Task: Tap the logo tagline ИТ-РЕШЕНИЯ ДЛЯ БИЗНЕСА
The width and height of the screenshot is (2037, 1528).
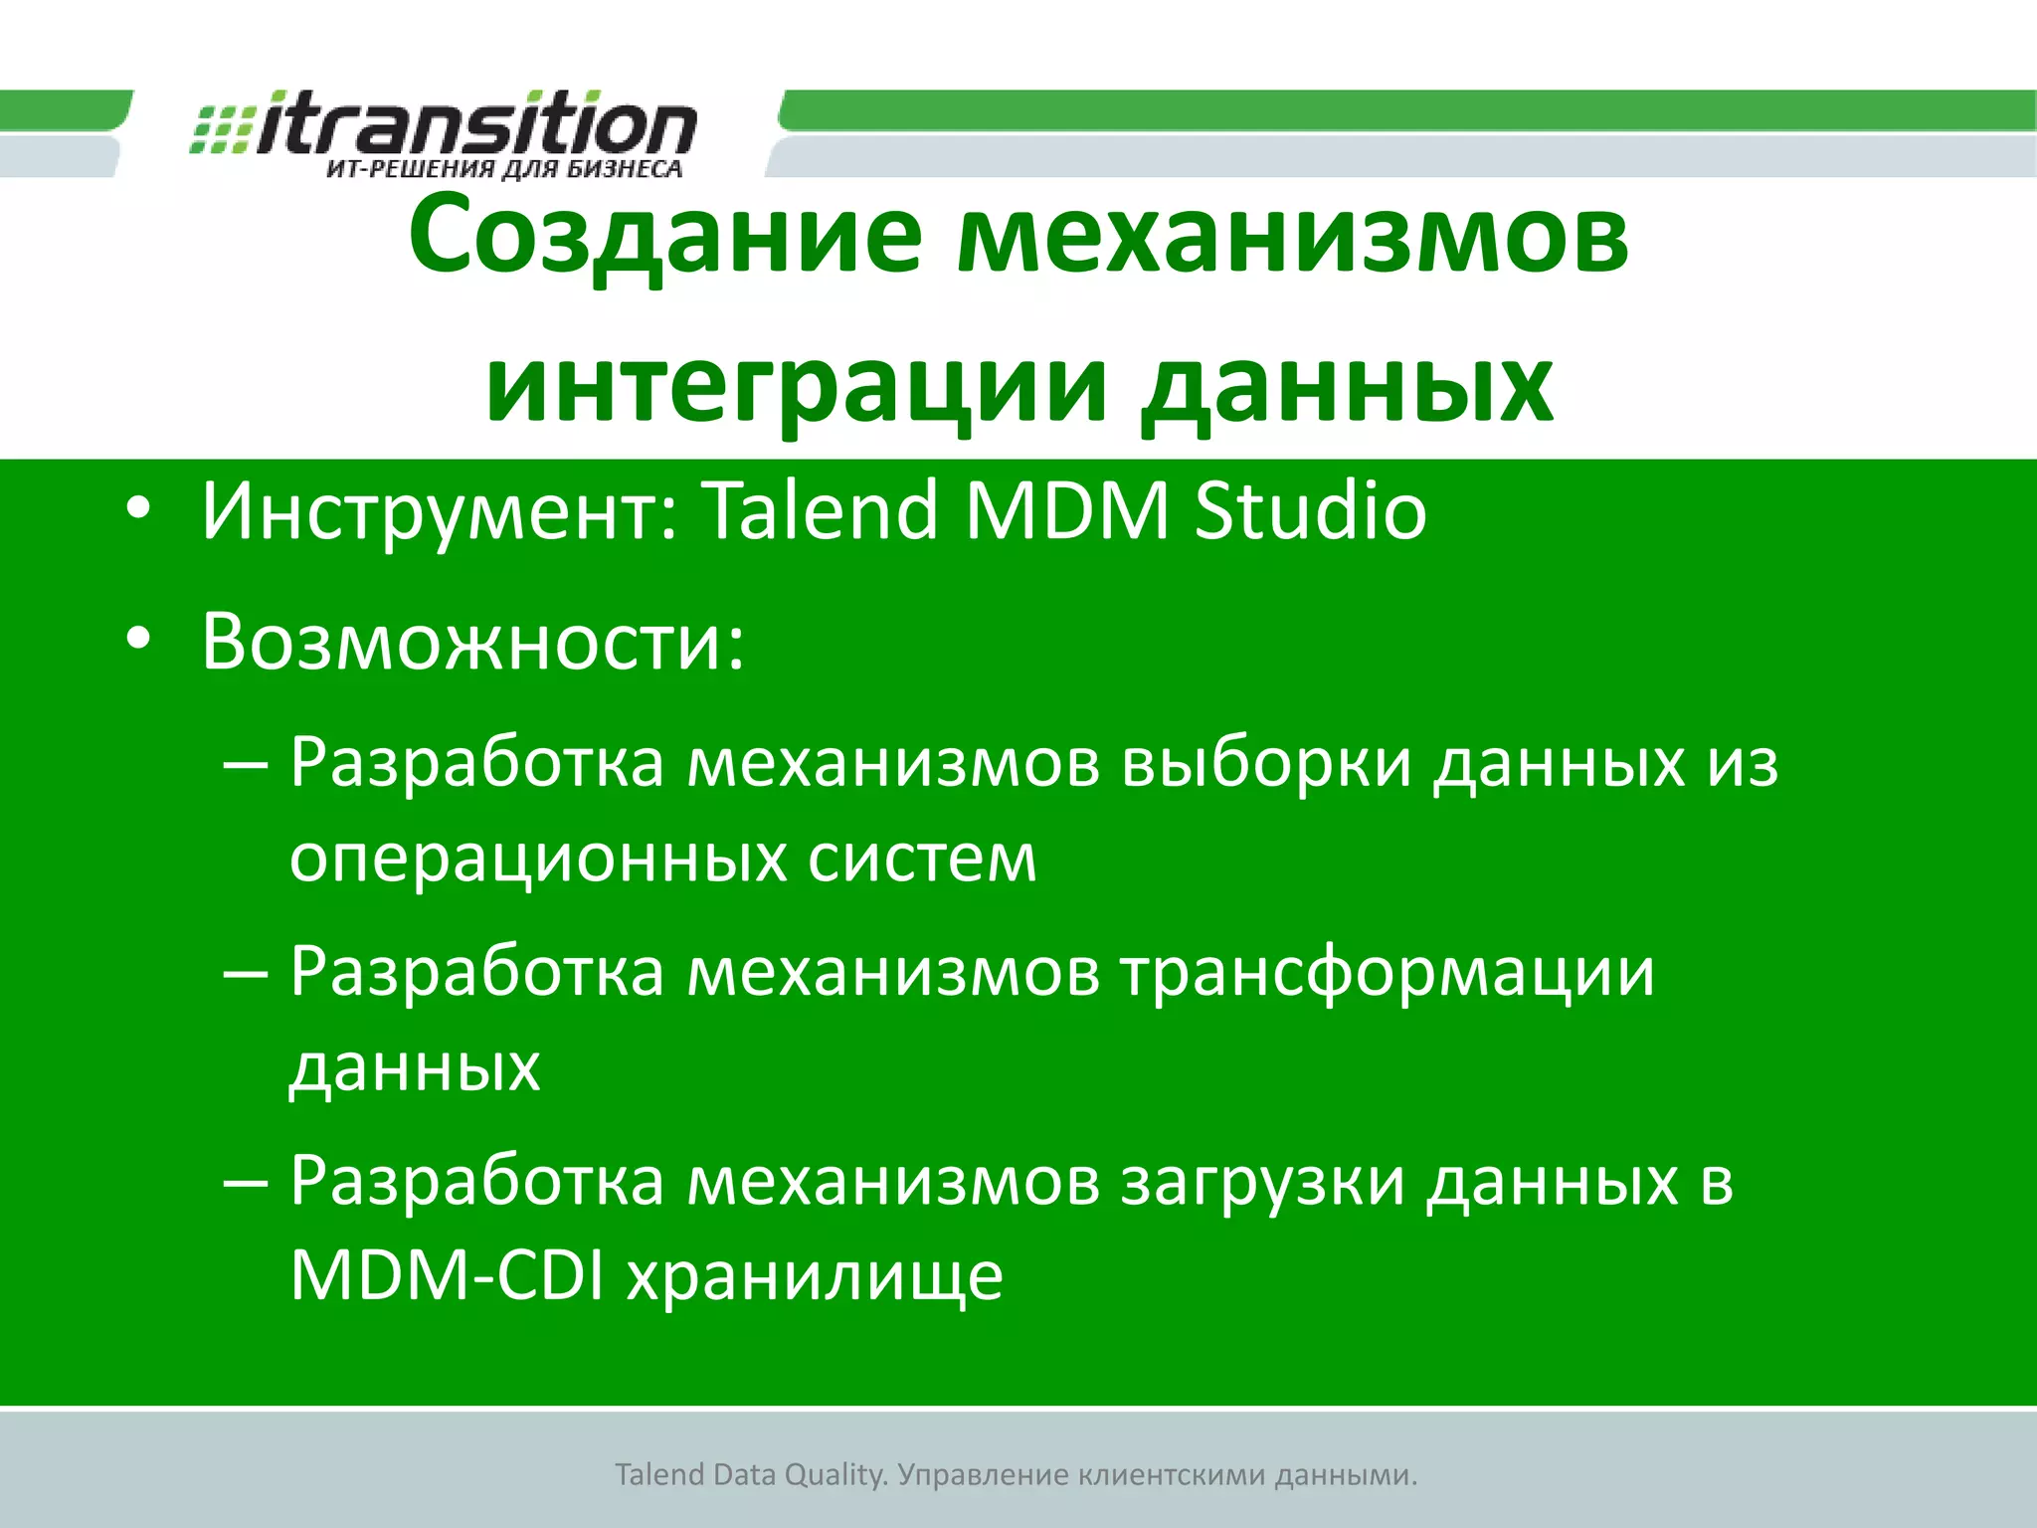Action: [504, 169]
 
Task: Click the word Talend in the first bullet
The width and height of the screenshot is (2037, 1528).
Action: [821, 511]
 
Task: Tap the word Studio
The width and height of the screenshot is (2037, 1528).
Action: [1310, 511]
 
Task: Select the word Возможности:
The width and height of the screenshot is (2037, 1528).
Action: [472, 643]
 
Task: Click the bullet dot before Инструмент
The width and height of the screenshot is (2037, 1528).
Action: [138, 509]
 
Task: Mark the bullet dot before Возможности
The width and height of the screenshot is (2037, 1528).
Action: [138, 641]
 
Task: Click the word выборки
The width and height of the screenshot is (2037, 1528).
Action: [1266, 764]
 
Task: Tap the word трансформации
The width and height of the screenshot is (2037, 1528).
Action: [1388, 971]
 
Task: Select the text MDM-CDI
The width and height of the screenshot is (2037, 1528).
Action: [447, 1275]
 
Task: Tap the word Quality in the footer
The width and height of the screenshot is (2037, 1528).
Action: [833, 1475]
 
